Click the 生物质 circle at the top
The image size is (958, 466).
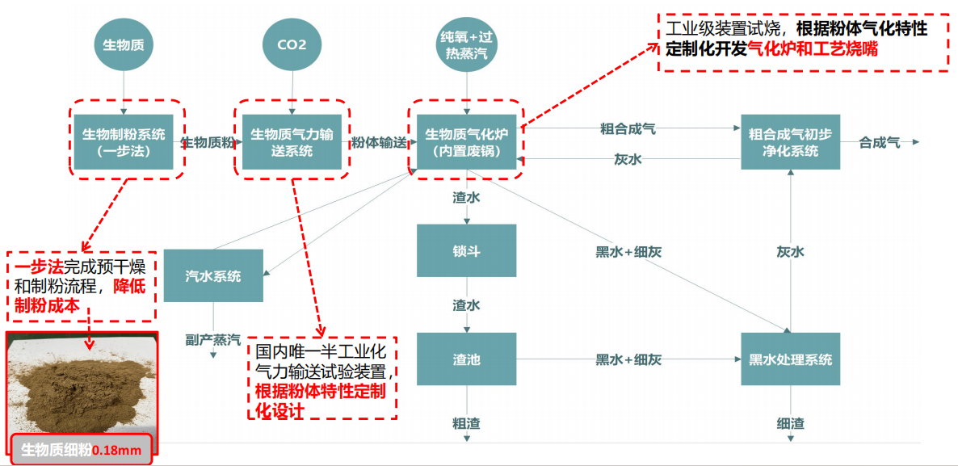[x=124, y=44]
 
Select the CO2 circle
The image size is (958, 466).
[x=292, y=44]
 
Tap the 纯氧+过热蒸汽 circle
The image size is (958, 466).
[x=468, y=44]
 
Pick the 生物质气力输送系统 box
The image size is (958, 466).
[x=292, y=141]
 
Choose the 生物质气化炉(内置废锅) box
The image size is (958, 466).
[x=466, y=141]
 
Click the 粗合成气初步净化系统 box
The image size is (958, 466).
[x=791, y=141]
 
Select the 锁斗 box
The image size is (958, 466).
[x=466, y=250]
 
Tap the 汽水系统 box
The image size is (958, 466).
[x=213, y=275]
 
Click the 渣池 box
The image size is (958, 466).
[x=466, y=359]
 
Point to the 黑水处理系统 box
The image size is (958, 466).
[x=791, y=359]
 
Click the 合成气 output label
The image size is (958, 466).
[x=879, y=142]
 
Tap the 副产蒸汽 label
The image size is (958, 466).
[x=214, y=338]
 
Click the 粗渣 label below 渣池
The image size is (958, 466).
[x=466, y=422]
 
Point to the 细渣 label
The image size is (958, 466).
[x=791, y=422]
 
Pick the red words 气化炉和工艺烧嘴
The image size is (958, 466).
[x=813, y=49]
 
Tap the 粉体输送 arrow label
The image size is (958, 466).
[x=379, y=142]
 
